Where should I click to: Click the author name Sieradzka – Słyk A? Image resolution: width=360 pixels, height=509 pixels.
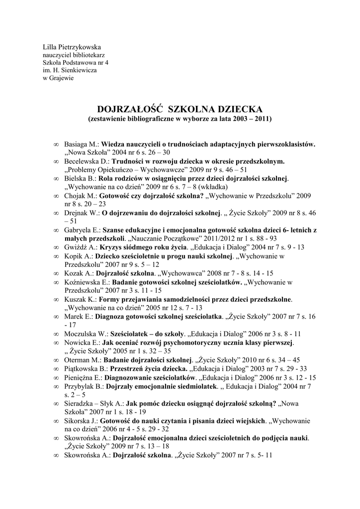[94, 403]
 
